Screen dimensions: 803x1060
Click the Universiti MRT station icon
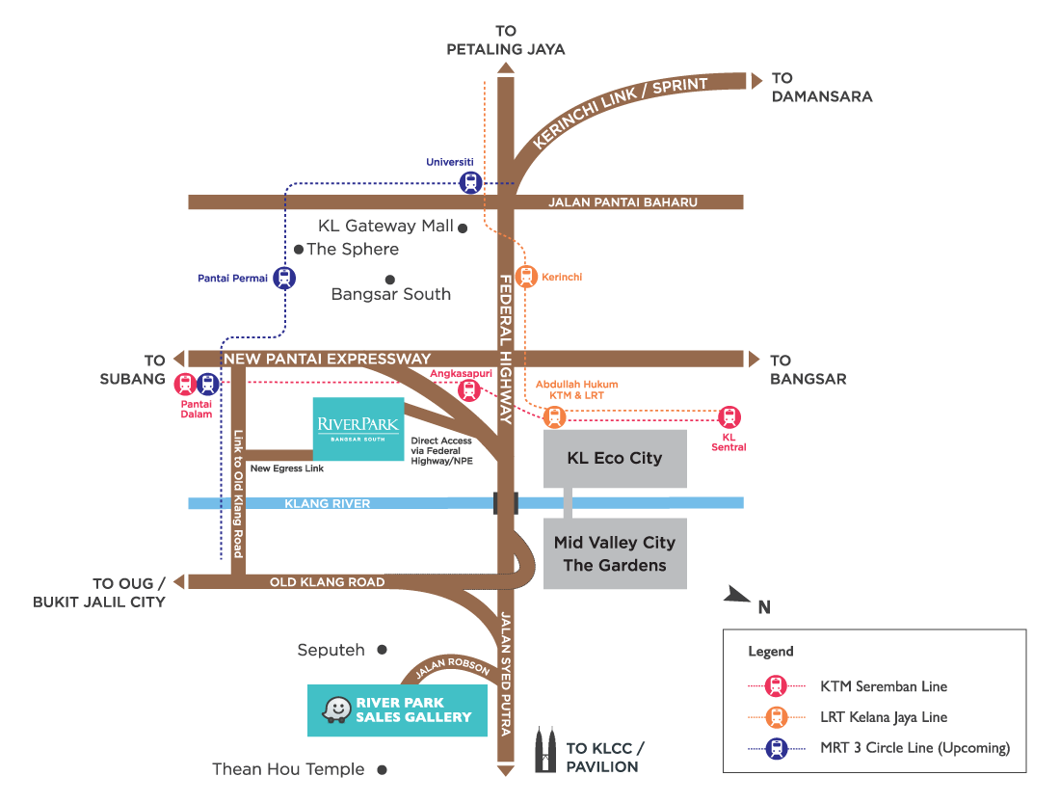(469, 182)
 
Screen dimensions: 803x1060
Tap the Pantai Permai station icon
(283, 278)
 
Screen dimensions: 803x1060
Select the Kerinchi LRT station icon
(525, 277)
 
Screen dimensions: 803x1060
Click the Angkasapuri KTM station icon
(468, 389)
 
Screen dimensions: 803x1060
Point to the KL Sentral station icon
(729, 417)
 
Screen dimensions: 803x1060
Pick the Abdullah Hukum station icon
(553, 417)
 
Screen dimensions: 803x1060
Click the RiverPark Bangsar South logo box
(358, 429)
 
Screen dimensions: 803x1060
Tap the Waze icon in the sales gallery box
(336, 710)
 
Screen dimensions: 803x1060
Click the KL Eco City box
(615, 459)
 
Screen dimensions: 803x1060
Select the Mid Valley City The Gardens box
(615, 554)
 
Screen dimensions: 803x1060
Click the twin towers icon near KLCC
(545, 750)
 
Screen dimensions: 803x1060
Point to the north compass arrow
(738, 596)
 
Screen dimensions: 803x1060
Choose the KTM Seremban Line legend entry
(884, 686)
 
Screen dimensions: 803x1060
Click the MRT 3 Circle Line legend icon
(776, 748)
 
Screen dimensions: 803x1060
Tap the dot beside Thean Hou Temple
(383, 769)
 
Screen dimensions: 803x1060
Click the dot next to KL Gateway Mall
(463, 228)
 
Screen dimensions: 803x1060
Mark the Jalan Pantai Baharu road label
(623, 202)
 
